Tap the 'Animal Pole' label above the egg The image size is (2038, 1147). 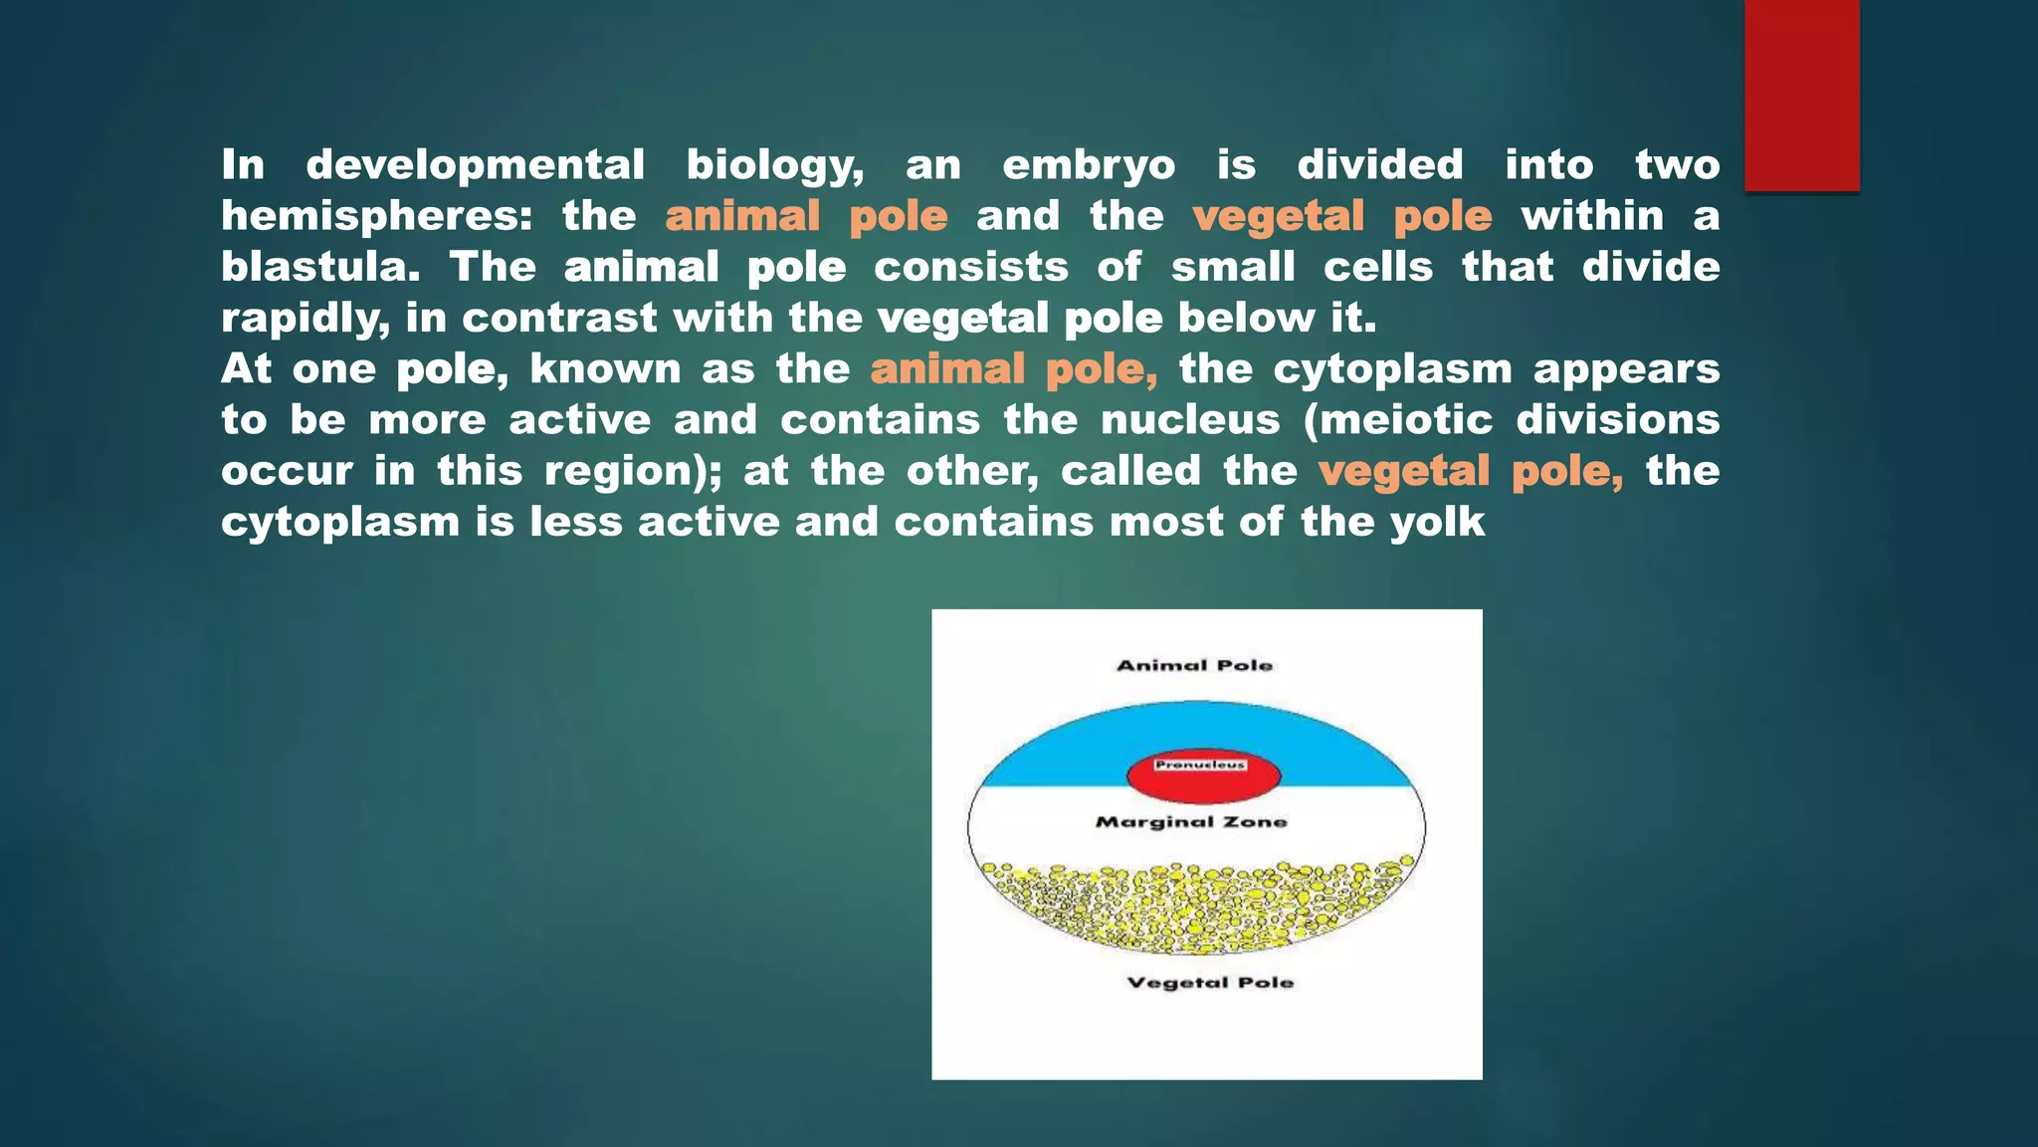coord(1194,665)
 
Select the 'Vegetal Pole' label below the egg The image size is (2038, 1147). coord(1210,983)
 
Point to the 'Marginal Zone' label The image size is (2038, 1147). coord(1191,821)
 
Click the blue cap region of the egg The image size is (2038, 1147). coord(1055,752)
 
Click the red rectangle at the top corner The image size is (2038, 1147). coord(1801,95)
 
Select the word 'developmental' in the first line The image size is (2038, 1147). coord(475,165)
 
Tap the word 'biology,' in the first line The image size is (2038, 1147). coord(774,165)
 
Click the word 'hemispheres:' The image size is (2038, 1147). coord(377,216)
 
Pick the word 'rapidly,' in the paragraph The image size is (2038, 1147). coord(306,319)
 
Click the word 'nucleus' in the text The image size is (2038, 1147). coord(1190,420)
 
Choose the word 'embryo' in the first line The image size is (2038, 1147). coord(1089,165)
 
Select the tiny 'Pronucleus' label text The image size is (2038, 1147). coord(1200,765)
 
